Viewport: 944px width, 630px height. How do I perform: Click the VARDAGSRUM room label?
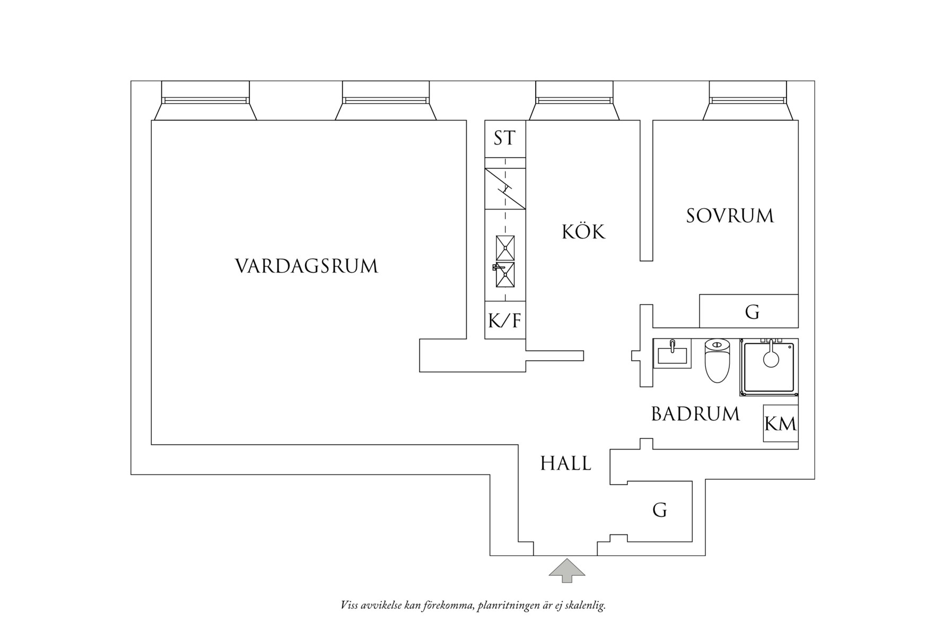pos(307,266)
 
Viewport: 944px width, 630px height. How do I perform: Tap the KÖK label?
pos(583,232)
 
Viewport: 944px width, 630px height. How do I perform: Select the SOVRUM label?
pos(730,216)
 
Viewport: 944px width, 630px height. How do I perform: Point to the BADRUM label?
pos(695,414)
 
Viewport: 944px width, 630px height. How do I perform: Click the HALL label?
pos(565,464)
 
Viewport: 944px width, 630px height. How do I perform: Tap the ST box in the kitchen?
pos(504,139)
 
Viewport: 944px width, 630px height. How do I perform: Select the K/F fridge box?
pos(504,320)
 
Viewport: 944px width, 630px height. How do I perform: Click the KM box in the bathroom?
pos(780,424)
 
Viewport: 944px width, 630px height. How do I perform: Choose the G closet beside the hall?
pos(659,510)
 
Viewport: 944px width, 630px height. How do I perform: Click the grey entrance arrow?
pos(567,571)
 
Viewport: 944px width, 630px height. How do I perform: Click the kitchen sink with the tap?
pos(505,274)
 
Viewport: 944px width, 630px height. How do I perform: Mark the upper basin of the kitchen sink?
pos(505,248)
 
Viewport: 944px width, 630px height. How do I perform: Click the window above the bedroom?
pos(748,100)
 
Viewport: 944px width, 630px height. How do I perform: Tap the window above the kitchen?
pos(574,100)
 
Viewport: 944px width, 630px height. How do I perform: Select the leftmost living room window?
pos(205,100)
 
